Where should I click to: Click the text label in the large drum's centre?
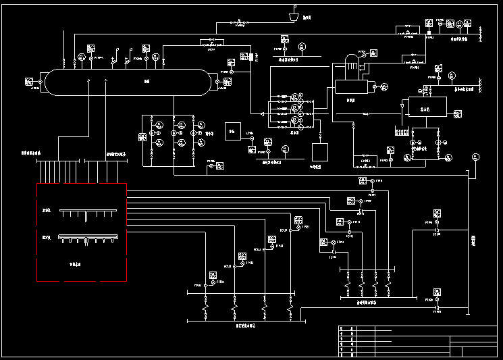[x=147, y=82]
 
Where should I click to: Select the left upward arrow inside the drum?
[x=89, y=82]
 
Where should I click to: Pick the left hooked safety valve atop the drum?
[x=116, y=52]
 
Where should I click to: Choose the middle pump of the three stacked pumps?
[x=294, y=109]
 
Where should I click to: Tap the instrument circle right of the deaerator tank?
[x=383, y=86]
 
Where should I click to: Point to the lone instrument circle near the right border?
[x=476, y=157]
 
